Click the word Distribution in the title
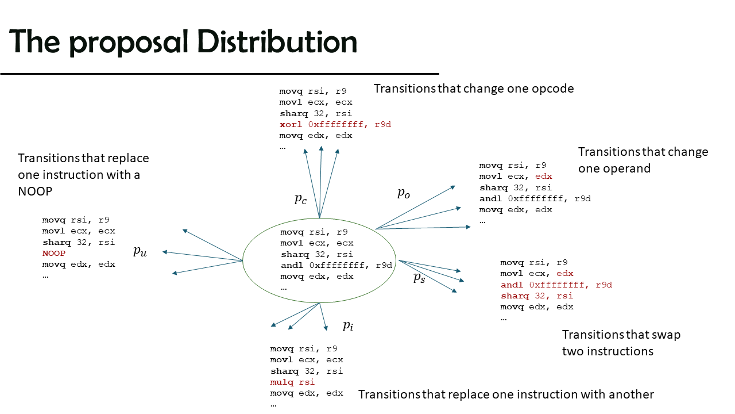[x=277, y=41]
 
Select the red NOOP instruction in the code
[x=54, y=254]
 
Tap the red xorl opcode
[x=291, y=125]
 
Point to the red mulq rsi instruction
[x=292, y=382]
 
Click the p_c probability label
[x=300, y=199]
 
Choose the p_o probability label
[x=404, y=193]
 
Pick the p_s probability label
[x=419, y=278]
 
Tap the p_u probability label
[x=140, y=251]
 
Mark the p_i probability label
[x=348, y=326]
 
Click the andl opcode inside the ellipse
[x=292, y=266]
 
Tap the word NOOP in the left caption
[x=35, y=191]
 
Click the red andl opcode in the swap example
[x=512, y=285]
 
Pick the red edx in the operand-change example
[x=544, y=177]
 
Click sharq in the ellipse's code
[x=295, y=255]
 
